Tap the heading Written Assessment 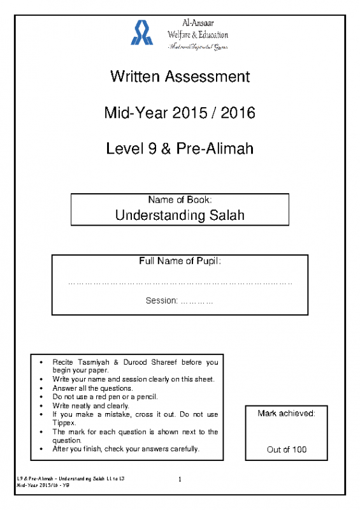[180, 77]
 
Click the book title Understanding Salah [180, 215]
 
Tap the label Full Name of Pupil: [180, 261]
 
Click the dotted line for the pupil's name [180, 281]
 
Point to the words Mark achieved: [287, 414]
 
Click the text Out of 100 [287, 449]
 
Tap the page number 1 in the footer [180, 479]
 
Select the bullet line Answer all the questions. [92, 388]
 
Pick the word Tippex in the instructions [64, 423]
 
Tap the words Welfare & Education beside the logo [197, 34]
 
